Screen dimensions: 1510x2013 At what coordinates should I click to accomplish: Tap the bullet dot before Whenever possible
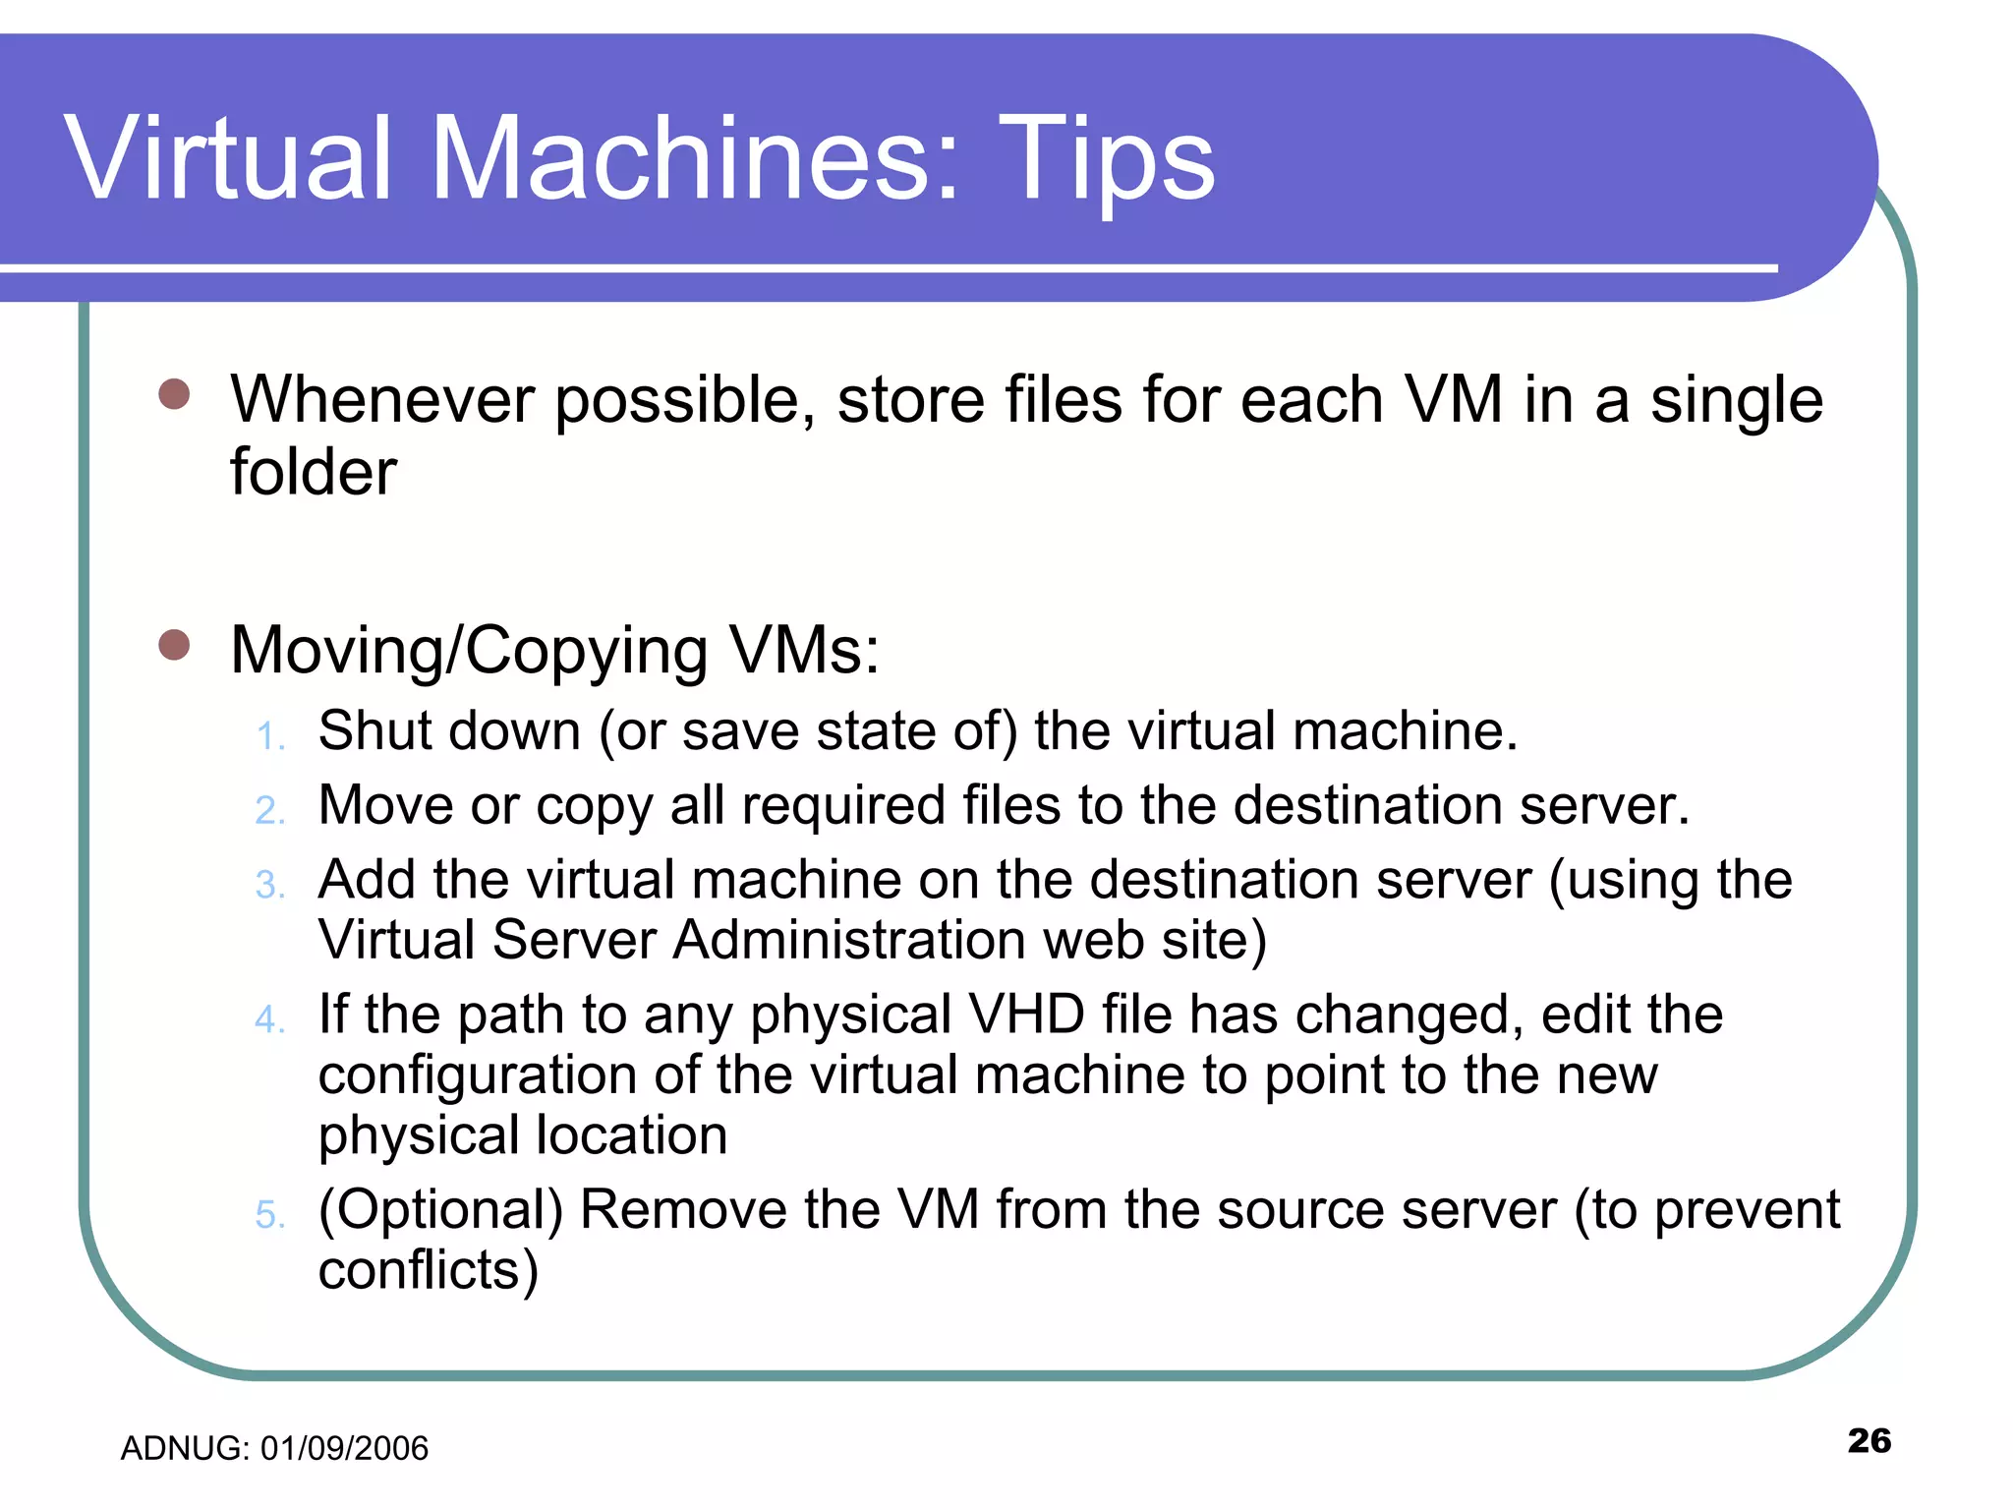pos(174,394)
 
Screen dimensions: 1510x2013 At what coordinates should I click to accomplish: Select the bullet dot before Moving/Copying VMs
pos(174,645)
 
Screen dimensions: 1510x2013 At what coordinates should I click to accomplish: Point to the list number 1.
pos(269,735)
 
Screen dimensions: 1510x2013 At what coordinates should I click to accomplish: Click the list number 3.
pos(269,885)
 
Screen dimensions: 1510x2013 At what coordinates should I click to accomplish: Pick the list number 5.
pos(269,1215)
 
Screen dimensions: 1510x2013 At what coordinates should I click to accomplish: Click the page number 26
pos(1869,1440)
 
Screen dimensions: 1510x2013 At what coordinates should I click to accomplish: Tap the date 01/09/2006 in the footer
pos(344,1448)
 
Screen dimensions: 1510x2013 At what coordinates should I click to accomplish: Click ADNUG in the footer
pos(184,1448)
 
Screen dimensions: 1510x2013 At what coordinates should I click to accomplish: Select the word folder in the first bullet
pos(314,472)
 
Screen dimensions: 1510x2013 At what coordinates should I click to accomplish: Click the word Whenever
pos(382,400)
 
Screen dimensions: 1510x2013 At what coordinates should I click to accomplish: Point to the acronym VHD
pos(1026,1014)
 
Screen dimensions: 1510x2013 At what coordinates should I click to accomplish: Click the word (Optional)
pos(440,1210)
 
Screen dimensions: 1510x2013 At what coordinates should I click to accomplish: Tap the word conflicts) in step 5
pos(429,1270)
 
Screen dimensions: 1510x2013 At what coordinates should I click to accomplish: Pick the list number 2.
pos(269,810)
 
